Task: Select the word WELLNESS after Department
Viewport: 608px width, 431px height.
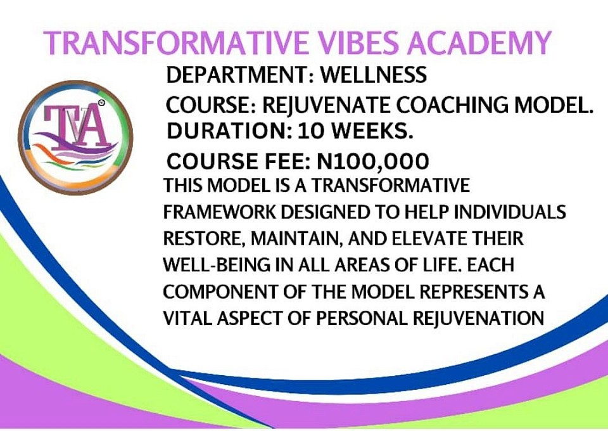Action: point(374,75)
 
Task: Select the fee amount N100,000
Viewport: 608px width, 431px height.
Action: point(373,162)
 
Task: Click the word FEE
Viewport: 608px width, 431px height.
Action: point(288,162)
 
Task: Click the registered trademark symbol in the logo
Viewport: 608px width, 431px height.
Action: point(101,103)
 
